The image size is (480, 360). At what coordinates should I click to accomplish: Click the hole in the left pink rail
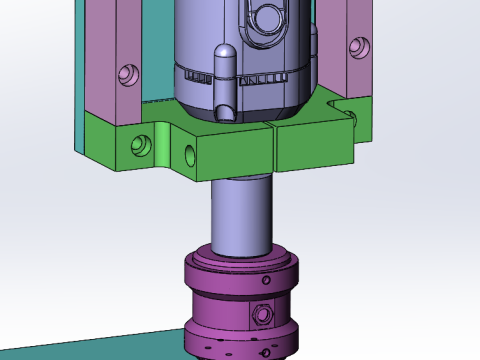coord(126,73)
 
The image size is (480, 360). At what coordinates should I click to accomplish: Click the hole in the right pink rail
coord(357,45)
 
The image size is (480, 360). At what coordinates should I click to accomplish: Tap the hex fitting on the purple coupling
coord(262,315)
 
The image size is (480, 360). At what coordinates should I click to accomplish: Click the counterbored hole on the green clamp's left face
coord(139,144)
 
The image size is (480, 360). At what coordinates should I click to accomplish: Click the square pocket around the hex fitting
coord(262,316)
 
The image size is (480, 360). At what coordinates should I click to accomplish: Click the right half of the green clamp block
coord(315,145)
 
